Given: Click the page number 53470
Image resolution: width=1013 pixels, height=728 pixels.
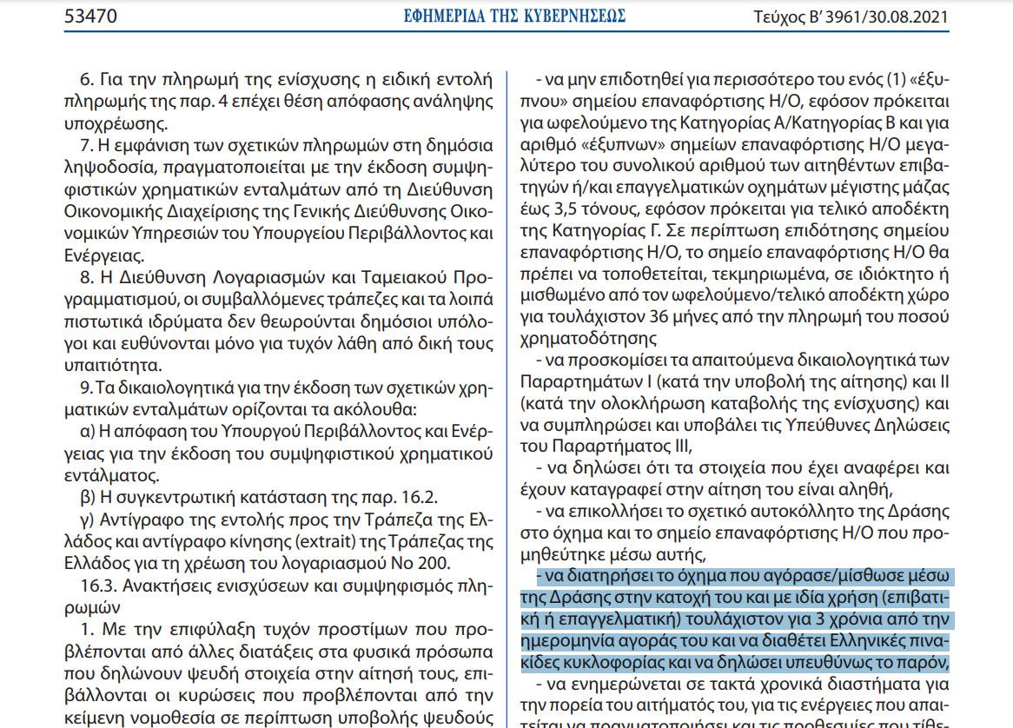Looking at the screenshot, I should pyautogui.click(x=91, y=17).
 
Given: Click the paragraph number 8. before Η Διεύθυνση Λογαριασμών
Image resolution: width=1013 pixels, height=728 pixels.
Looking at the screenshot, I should pyautogui.click(x=84, y=277).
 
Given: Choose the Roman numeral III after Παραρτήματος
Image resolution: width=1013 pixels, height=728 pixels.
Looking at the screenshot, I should pyautogui.click(x=676, y=446).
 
